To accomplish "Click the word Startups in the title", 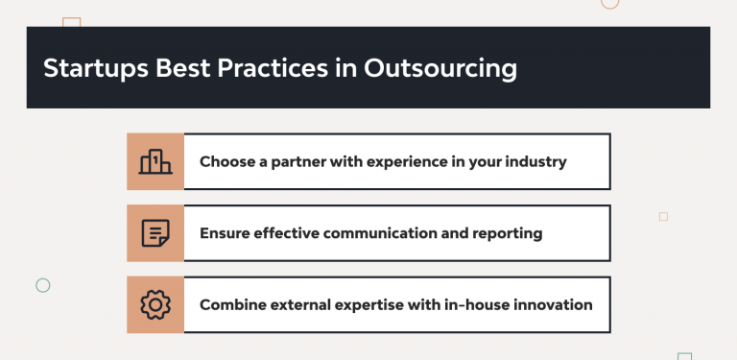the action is (96, 68).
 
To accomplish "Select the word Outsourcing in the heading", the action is (440, 68).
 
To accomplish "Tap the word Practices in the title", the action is (273, 67).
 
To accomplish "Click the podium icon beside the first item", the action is (155, 161).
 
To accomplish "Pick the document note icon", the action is (155, 233).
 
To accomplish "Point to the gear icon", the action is (155, 305).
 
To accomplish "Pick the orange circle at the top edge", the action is (609, 9).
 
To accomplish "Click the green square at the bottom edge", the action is (685, 354).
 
